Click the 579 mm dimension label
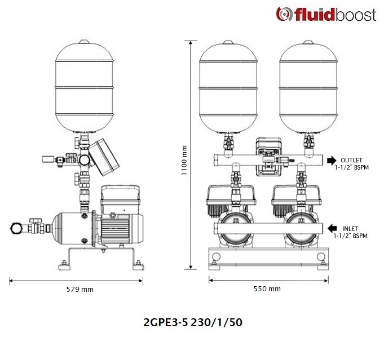80,290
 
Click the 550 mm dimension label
267,289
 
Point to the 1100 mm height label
184,161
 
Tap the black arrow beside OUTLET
332,161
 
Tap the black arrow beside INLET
332,228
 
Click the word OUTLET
351,161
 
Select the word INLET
350,229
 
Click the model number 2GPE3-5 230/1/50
193,322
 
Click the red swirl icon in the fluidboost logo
284,14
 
